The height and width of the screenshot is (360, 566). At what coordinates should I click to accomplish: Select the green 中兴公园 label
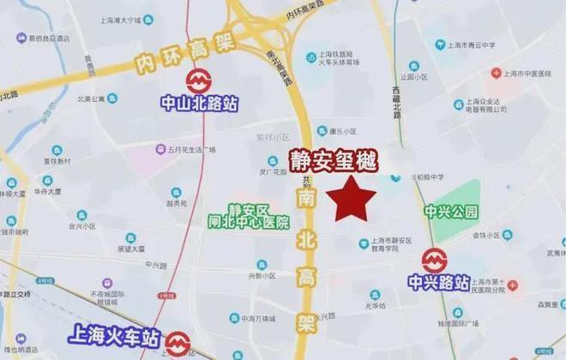pos(449,211)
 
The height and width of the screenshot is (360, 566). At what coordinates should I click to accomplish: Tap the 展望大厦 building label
pos(129,249)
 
